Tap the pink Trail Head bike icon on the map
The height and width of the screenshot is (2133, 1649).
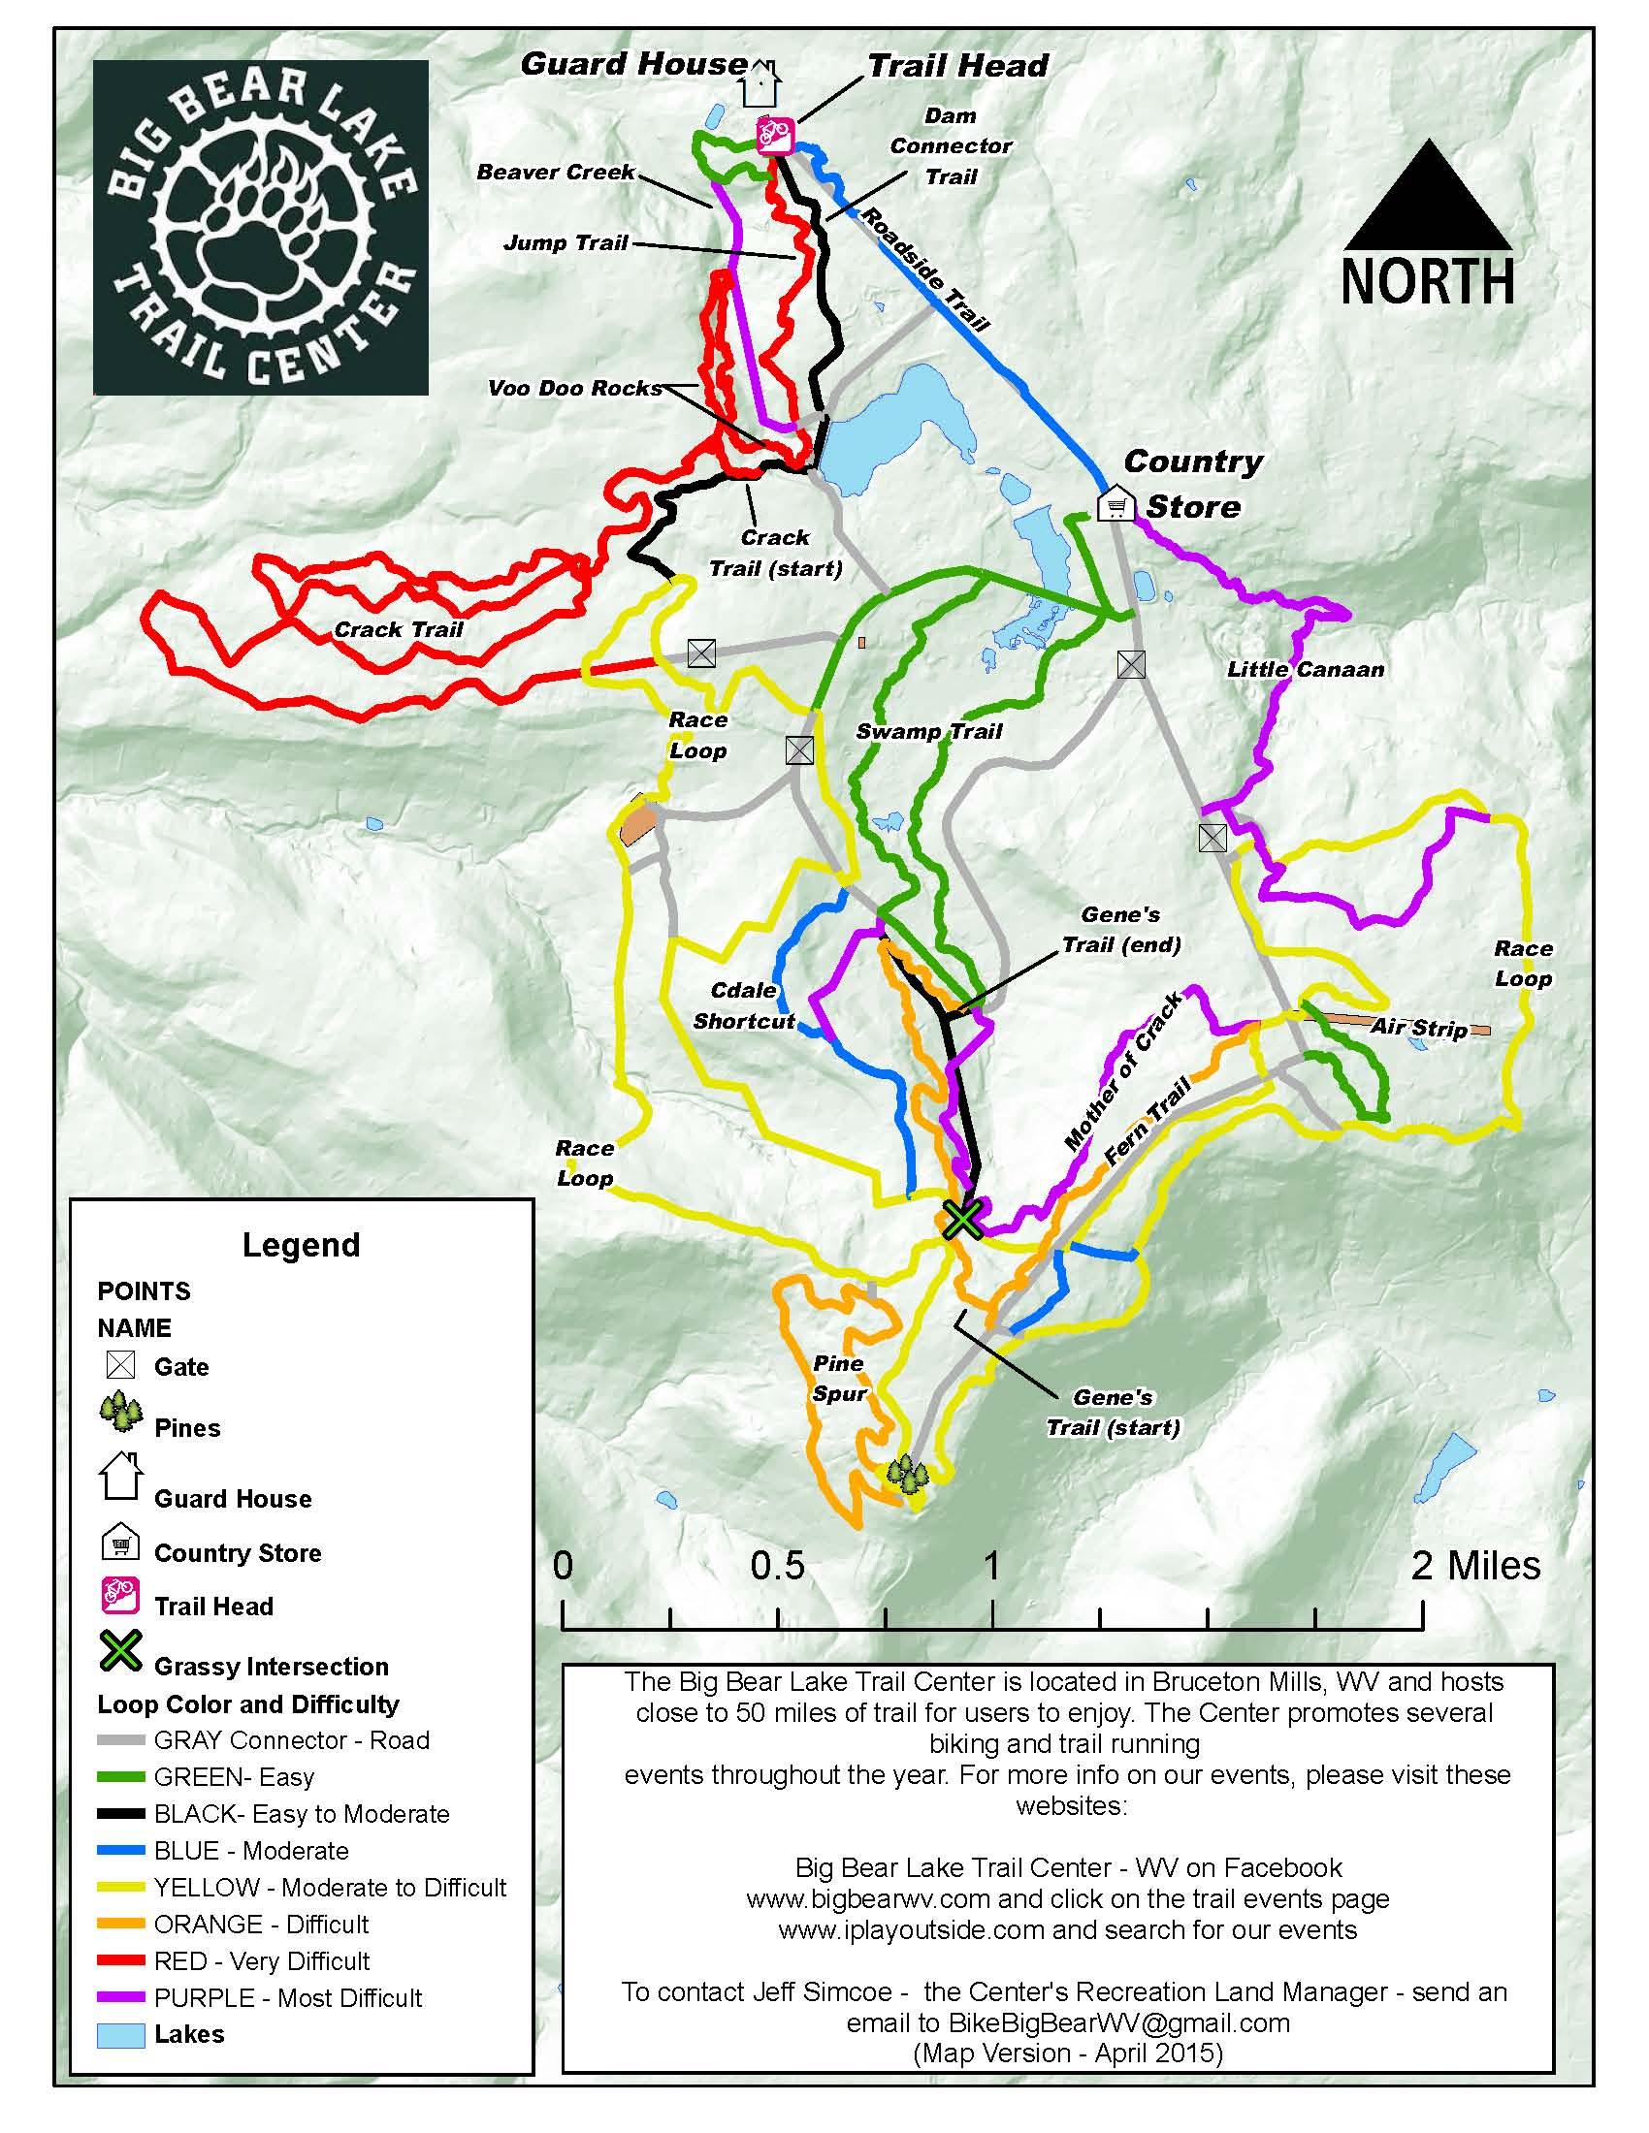click(x=775, y=134)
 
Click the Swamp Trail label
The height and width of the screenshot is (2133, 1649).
click(x=929, y=731)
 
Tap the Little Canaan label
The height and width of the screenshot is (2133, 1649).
click(x=1305, y=669)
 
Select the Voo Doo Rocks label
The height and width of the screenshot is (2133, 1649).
click(x=574, y=388)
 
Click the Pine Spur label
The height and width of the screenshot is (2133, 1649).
click(x=839, y=1378)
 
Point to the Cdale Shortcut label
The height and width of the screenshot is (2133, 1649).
click(x=744, y=1005)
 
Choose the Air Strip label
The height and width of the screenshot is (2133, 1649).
click(x=1418, y=1028)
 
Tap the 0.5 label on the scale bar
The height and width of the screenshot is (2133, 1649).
click(x=777, y=1566)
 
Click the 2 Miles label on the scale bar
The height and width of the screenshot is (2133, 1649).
click(x=1475, y=1566)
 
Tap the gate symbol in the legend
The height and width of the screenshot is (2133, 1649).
click(x=120, y=1364)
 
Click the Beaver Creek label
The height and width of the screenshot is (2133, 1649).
click(x=556, y=172)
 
